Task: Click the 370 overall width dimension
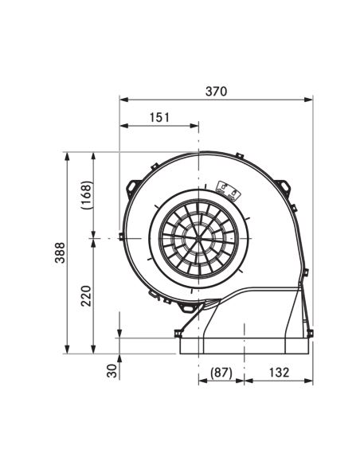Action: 216,92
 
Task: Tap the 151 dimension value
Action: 159,117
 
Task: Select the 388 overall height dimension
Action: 60,252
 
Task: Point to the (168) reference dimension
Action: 87,195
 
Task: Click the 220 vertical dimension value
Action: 86,296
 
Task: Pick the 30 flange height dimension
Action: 112,371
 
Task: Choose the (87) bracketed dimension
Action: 221,373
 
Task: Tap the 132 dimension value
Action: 279,372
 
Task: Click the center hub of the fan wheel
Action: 198,238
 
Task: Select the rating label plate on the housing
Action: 228,190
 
